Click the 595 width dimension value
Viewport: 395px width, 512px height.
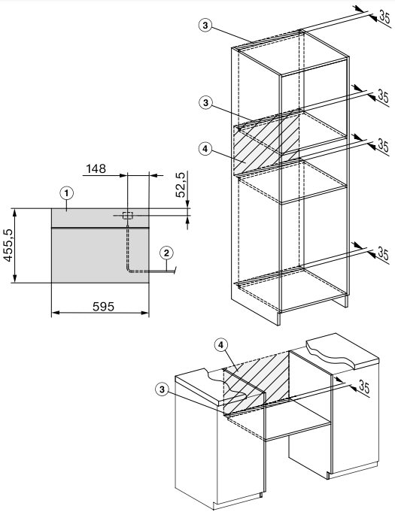(x=104, y=307)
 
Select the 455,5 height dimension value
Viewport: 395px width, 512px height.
(x=8, y=245)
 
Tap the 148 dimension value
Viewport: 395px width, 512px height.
(x=96, y=169)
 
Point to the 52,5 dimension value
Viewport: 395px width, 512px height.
(x=181, y=184)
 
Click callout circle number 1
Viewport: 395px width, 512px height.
(x=67, y=193)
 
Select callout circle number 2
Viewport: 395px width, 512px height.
(x=166, y=253)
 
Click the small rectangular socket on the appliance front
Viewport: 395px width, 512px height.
(x=127, y=215)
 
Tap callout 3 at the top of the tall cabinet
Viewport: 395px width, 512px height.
(x=205, y=26)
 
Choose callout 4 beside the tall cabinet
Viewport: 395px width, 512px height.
(x=205, y=149)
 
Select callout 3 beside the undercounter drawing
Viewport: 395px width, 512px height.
(x=162, y=389)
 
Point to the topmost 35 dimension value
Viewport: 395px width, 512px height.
(x=385, y=17)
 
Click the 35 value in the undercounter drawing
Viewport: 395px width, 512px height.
(x=364, y=386)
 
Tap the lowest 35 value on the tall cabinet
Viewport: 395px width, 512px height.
(x=383, y=253)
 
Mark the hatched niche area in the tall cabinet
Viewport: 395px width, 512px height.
(x=266, y=144)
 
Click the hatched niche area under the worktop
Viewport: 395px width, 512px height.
(x=256, y=383)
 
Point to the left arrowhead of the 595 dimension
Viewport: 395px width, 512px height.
(x=55, y=313)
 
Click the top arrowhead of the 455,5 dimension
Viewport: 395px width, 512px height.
(x=15, y=212)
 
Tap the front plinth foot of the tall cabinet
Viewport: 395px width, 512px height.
(x=278, y=319)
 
